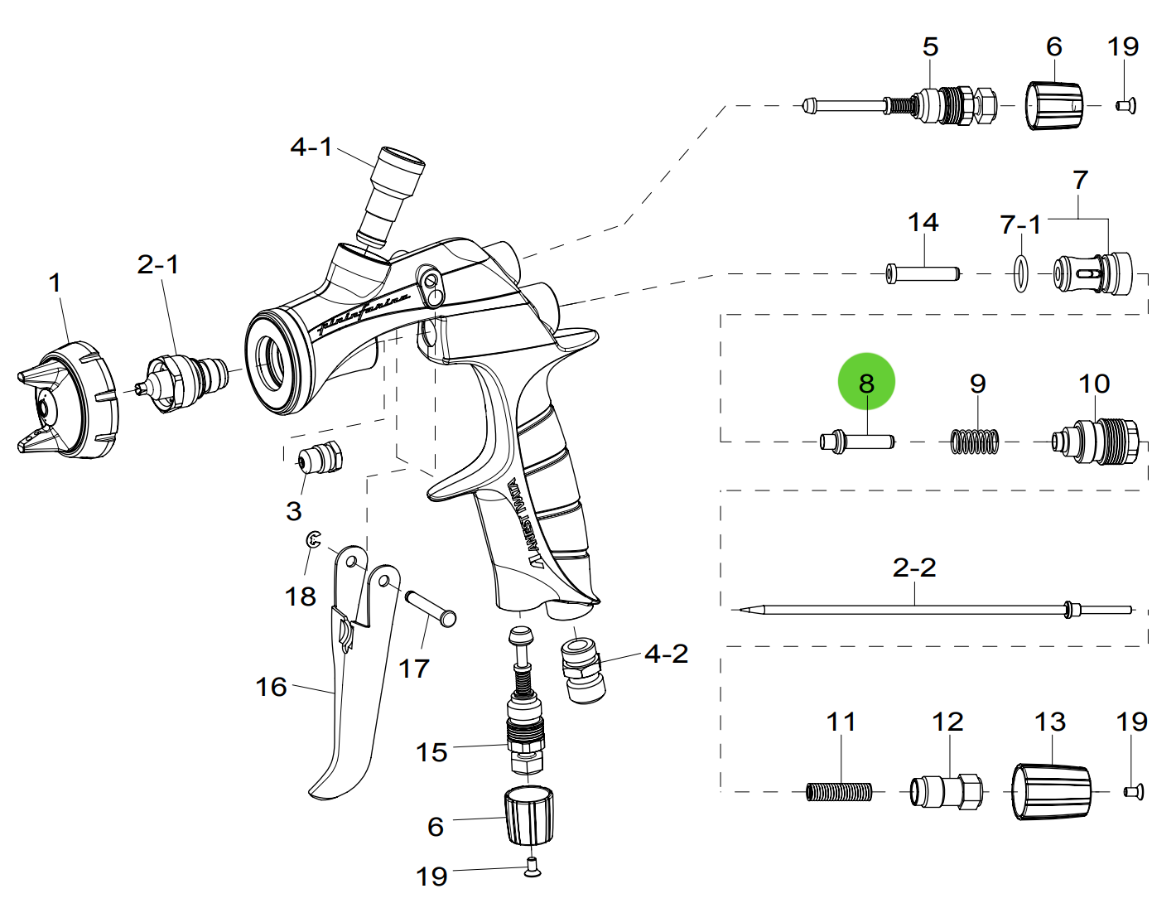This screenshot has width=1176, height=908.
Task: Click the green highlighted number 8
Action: tap(866, 383)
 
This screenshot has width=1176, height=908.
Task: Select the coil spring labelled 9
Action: tap(974, 441)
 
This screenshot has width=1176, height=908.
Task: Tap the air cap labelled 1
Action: tap(70, 402)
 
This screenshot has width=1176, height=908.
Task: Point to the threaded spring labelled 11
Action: tap(838, 793)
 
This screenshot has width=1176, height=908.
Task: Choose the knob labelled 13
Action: tap(1051, 792)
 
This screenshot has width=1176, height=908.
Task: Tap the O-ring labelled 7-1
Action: tap(1020, 273)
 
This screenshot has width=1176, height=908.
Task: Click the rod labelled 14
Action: tap(922, 273)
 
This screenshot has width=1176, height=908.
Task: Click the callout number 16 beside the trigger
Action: tap(271, 686)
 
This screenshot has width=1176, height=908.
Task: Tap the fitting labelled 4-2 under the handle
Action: tap(583, 668)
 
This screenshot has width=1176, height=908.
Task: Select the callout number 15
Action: tap(431, 752)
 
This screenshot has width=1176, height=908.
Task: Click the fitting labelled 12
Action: tap(947, 792)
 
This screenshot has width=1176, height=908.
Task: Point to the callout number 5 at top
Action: tap(930, 46)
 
